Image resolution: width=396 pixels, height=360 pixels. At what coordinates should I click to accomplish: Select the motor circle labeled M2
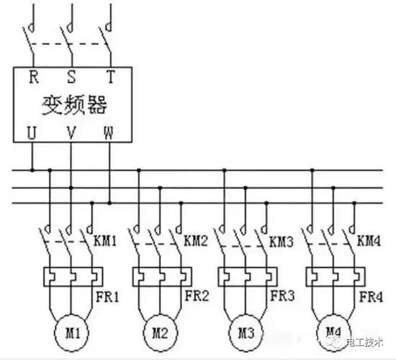point(160,333)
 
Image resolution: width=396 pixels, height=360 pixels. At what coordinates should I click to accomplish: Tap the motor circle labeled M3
point(246,333)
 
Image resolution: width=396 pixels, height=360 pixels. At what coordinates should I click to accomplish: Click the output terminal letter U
point(32,132)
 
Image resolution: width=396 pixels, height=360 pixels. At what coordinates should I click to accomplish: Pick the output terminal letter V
point(71,132)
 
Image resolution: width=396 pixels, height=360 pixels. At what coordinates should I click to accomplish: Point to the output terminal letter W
point(108,132)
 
